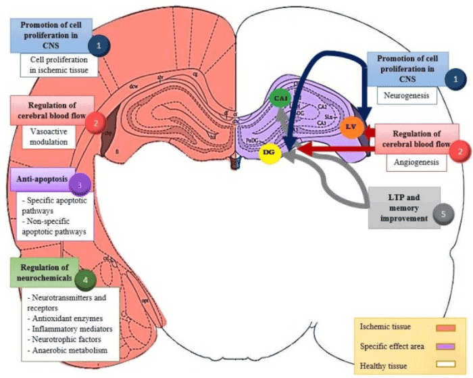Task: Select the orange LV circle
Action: point(351,127)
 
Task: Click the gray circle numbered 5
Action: point(442,213)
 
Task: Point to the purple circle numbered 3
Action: point(80,185)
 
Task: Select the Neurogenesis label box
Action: point(402,97)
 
